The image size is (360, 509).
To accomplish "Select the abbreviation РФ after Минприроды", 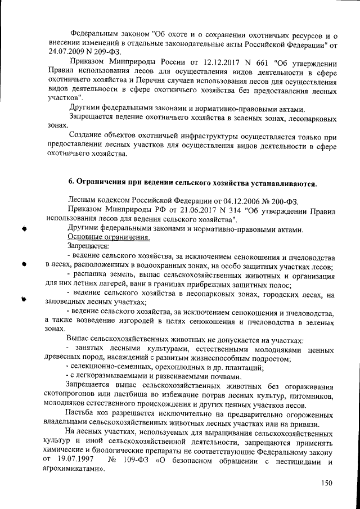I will [160, 210].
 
